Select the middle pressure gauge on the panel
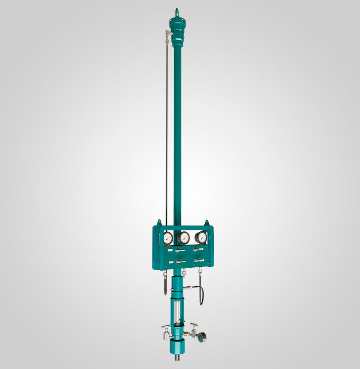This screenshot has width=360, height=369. point(184,238)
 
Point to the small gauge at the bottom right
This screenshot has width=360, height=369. point(205,337)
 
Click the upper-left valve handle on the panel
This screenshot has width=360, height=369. point(172,249)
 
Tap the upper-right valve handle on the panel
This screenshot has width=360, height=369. point(198,249)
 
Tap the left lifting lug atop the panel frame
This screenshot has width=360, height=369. point(158,222)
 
